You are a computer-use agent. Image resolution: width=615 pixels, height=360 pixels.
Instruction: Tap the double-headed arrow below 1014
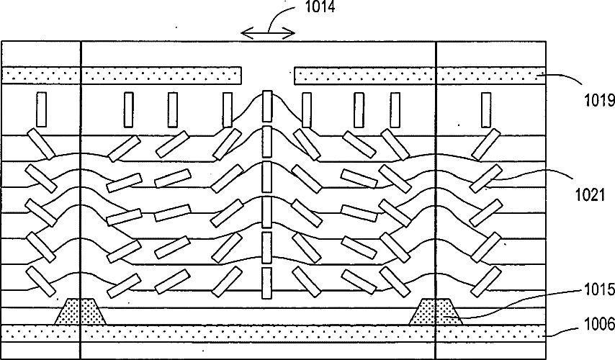pos(267,33)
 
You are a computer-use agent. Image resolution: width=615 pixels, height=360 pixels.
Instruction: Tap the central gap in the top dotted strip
pos(267,74)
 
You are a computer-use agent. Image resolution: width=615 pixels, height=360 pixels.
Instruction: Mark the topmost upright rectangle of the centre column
pos(268,105)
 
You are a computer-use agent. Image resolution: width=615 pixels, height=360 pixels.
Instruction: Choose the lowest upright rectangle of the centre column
pos(267,282)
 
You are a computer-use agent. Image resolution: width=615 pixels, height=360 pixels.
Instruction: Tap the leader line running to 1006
pos(569,329)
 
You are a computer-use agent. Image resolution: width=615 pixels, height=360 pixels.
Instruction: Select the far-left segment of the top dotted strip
pos(40,74)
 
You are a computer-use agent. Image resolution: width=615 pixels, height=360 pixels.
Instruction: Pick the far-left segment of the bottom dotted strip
pos(40,331)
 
